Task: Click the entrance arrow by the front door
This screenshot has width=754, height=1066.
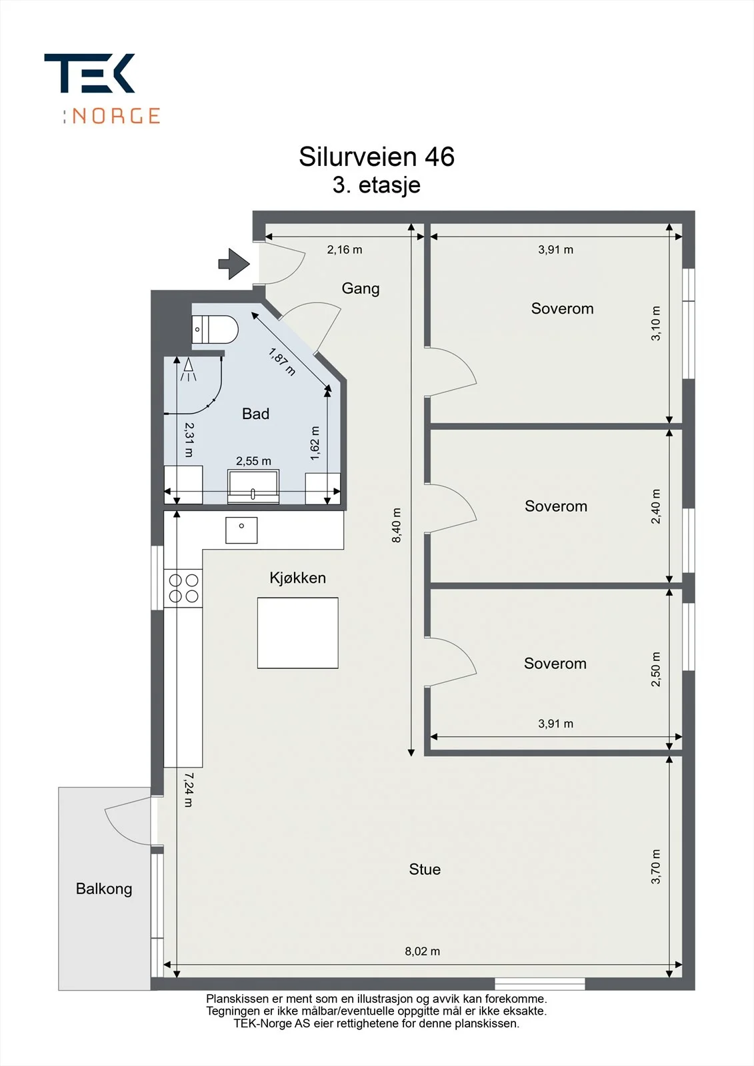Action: tap(234, 264)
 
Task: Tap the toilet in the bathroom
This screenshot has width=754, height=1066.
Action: tap(215, 329)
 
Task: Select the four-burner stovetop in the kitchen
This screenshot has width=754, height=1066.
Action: tap(183, 588)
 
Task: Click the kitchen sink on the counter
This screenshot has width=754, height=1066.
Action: tap(241, 530)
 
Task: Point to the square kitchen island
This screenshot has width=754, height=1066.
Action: tap(298, 633)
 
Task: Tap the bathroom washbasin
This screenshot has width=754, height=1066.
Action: tap(253, 486)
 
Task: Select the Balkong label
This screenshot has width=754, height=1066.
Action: tap(104, 889)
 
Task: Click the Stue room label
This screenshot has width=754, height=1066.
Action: tap(425, 869)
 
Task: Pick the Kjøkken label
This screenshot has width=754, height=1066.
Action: tap(298, 578)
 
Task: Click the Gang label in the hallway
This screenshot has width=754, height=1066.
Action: tap(361, 289)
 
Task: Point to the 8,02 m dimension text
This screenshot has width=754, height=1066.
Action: tap(423, 951)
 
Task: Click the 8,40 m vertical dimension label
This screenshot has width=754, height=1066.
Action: tap(396, 525)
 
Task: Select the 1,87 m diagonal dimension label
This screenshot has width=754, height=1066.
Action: tap(282, 362)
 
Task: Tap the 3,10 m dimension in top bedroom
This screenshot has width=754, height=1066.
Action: tap(656, 323)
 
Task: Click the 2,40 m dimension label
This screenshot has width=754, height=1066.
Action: tap(656, 506)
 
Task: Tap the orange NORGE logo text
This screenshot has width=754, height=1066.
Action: tap(116, 116)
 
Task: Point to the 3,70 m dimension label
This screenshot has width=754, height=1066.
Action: tap(656, 867)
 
